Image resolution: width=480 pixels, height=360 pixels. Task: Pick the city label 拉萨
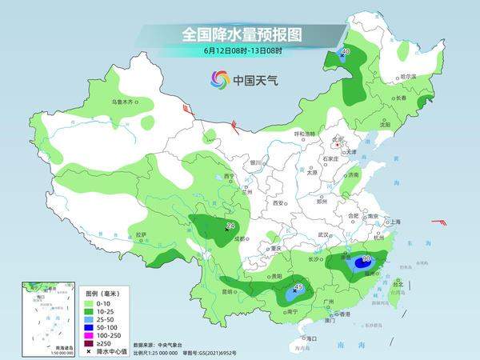pos(142,235)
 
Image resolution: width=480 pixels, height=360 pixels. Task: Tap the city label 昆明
pos(226,291)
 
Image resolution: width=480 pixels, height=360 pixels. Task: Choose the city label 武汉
pos(324,234)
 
